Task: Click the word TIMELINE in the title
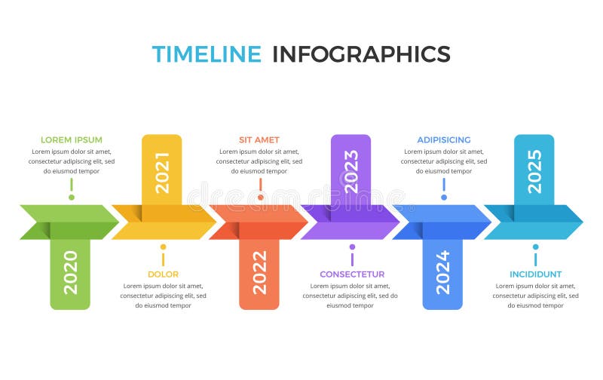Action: (x=207, y=54)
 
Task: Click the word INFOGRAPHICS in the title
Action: (x=361, y=54)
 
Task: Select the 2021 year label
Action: (x=162, y=173)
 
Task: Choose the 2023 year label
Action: (x=351, y=173)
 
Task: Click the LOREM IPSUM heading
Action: (x=72, y=139)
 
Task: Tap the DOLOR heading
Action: (x=163, y=274)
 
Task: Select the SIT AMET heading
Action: (x=259, y=139)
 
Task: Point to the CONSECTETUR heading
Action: (x=352, y=274)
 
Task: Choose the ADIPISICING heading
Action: (x=444, y=139)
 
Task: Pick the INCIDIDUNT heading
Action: (x=535, y=274)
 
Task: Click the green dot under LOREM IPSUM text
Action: (x=72, y=198)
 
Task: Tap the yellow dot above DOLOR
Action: (x=163, y=247)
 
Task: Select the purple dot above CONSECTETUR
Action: (x=352, y=247)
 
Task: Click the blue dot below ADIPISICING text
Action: (x=444, y=198)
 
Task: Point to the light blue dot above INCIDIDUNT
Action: (x=535, y=247)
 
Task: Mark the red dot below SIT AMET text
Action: (x=261, y=198)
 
